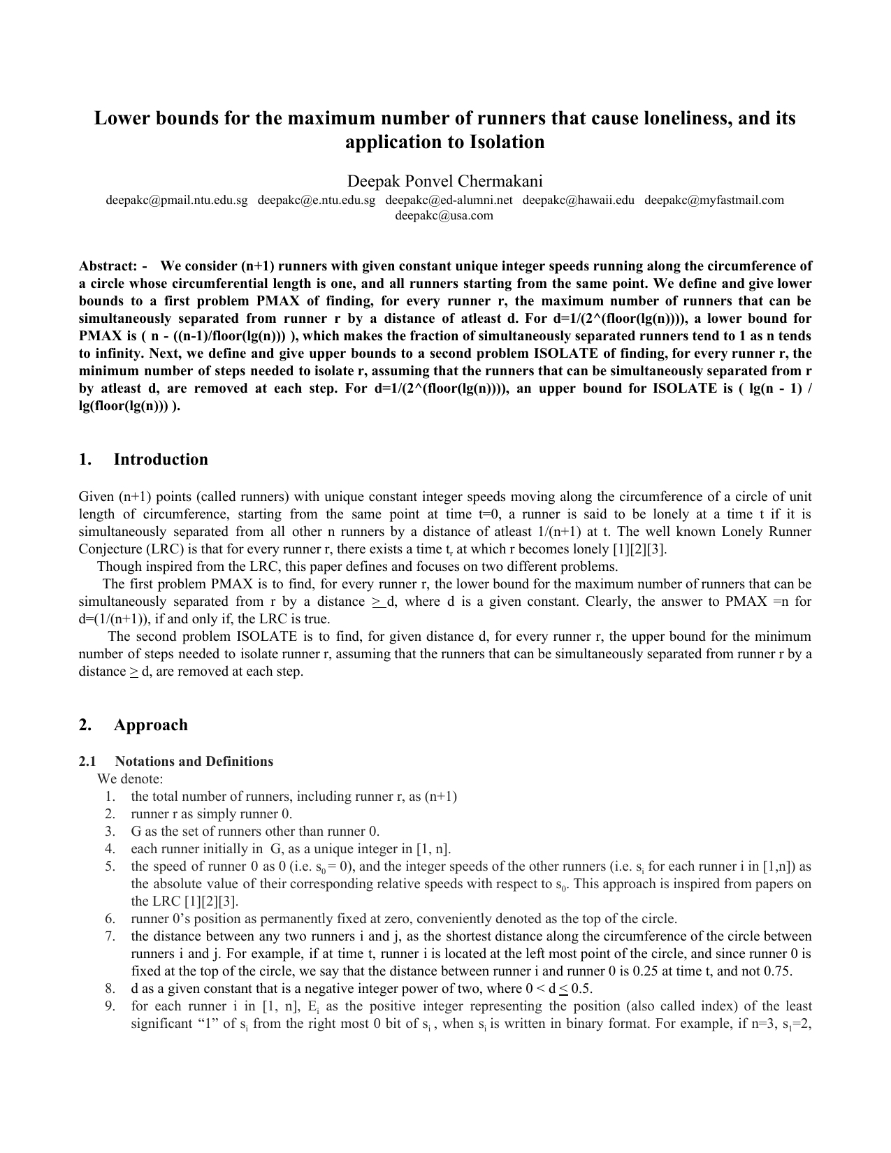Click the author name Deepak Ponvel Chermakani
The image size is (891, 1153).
coord(445,182)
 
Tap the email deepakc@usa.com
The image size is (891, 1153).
coord(444,216)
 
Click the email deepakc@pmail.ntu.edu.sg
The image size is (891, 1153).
coord(177,201)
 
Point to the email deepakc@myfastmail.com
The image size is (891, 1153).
coord(713,201)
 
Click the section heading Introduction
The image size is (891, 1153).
coord(161,459)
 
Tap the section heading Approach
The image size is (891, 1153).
coord(150,725)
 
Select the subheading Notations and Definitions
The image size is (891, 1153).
coord(194,761)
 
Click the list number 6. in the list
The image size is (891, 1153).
coord(110,919)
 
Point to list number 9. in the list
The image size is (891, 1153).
coord(110,1006)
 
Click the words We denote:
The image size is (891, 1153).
coord(130,779)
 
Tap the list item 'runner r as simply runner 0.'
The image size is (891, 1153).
coord(211,814)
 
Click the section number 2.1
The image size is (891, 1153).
coord(87,761)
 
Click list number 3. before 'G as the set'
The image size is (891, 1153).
coord(110,832)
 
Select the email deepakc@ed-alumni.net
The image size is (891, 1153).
coord(449,201)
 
